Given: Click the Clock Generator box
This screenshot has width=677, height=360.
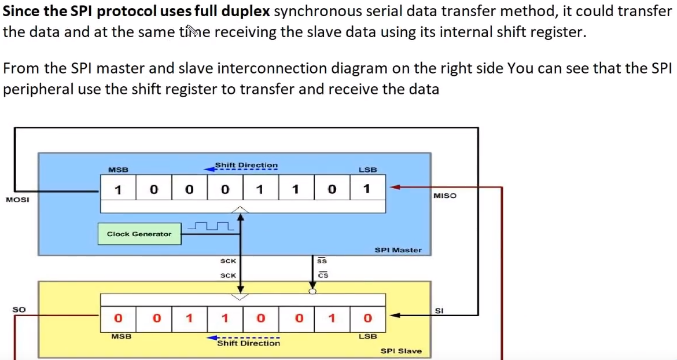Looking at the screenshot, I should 139,234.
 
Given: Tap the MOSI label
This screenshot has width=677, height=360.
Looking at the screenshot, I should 17,200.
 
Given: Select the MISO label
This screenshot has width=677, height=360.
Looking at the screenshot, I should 444,196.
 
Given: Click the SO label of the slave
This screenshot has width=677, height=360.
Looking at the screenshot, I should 19,310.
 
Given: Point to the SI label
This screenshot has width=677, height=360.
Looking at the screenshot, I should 439,311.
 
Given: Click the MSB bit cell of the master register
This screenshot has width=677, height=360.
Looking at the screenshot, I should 118,189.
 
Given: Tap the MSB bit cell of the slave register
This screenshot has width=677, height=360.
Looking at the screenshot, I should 118,318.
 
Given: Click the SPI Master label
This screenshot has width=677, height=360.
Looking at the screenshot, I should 398,250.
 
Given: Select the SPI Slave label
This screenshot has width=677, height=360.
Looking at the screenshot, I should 401,351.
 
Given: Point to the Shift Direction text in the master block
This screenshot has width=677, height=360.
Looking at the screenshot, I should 246,165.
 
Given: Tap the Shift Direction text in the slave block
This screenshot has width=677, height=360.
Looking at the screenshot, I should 248,343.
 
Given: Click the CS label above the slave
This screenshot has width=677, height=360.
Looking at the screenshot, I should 323,275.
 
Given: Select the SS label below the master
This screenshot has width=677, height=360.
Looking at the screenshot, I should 323,261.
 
